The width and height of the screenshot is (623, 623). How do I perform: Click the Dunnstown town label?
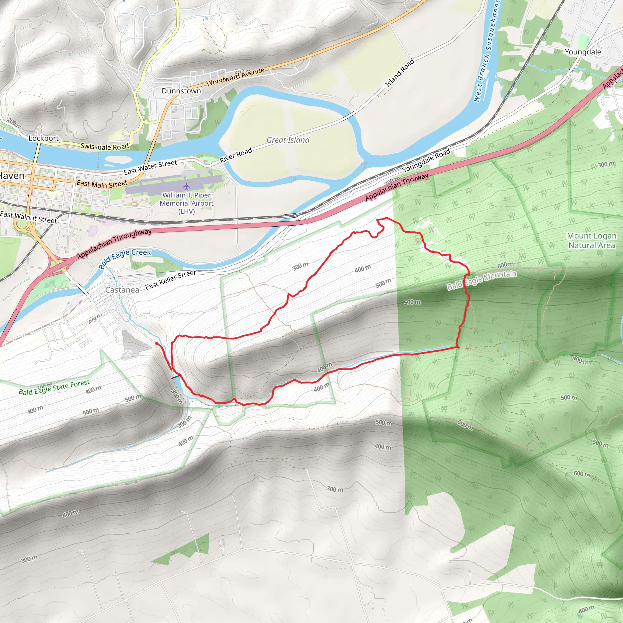click(181, 91)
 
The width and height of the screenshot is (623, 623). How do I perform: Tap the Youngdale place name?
click(583, 52)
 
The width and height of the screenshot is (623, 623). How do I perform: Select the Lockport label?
click(44, 138)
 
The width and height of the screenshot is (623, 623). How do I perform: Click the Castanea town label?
click(122, 290)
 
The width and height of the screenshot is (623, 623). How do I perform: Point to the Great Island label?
click(288, 140)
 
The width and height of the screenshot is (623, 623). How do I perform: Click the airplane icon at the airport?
click(186, 186)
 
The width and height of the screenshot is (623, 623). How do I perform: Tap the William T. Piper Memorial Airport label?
click(187, 203)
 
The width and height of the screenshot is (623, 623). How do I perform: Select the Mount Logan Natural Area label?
click(591, 241)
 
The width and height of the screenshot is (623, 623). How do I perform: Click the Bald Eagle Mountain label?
click(482, 280)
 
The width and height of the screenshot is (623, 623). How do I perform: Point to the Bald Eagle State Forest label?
click(54, 387)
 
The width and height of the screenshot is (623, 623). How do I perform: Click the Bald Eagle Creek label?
click(125, 258)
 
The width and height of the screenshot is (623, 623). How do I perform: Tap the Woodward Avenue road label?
click(235, 77)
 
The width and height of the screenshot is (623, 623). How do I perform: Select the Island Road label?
click(399, 73)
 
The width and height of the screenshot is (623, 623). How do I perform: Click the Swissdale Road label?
click(104, 146)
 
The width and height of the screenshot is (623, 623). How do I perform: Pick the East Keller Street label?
click(170, 280)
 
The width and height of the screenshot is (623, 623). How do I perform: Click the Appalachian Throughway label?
click(114, 243)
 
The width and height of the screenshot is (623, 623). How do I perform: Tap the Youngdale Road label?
click(426, 160)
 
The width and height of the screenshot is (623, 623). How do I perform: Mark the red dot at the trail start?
click(157, 344)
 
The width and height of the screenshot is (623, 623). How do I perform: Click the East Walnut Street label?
click(28, 217)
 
